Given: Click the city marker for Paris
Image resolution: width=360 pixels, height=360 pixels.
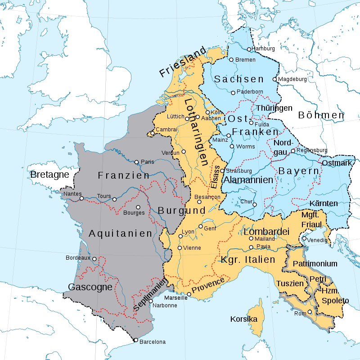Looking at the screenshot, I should pyautogui.click(x=137, y=162).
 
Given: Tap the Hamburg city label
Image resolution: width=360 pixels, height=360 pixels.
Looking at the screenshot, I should pyautogui.click(x=263, y=49).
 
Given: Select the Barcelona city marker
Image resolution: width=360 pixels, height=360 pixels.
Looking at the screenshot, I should pyautogui.click(x=135, y=340).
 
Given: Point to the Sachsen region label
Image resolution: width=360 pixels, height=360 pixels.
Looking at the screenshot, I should pyautogui.click(x=239, y=79).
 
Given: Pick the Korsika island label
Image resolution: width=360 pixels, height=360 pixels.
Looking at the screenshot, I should pyautogui.click(x=243, y=319).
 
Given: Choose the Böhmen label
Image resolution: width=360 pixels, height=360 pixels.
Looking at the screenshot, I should pyautogui.click(x=321, y=115).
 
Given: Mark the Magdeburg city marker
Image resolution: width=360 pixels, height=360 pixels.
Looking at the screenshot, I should pyautogui.click(x=274, y=79).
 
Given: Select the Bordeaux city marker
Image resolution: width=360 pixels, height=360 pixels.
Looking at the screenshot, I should pyautogui.click(x=94, y=259).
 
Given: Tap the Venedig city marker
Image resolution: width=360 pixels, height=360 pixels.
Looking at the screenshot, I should pyautogui.click(x=304, y=239).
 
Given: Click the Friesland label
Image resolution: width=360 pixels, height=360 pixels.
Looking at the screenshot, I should pyautogui.click(x=182, y=63).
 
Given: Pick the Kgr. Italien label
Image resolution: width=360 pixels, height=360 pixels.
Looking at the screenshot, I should pyautogui.click(x=248, y=260).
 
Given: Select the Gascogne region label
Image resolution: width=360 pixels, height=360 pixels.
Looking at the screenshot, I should pyautogui.click(x=90, y=287).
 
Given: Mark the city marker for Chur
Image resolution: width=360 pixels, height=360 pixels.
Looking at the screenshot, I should pyautogui.click(x=255, y=204).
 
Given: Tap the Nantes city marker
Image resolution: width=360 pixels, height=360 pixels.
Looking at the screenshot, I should pyautogui.click(x=81, y=198).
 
